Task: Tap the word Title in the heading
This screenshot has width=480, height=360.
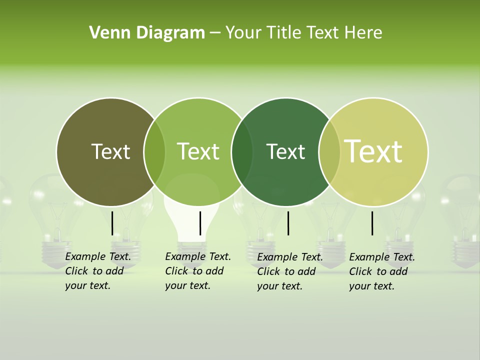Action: tap(286, 33)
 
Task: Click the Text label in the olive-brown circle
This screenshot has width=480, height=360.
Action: tap(110, 151)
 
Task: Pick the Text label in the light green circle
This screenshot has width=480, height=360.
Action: tap(198, 151)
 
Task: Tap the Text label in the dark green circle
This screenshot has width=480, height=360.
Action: tap(285, 151)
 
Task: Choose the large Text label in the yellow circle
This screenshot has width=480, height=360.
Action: tap(373, 151)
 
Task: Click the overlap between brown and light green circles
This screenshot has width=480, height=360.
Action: tap(154, 152)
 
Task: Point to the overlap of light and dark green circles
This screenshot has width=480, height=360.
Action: tap(242, 152)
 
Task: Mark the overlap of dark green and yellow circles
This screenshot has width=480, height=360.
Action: tap(328, 152)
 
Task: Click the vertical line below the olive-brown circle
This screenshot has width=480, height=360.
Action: tap(112, 223)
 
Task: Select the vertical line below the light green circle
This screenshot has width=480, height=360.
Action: tap(200, 223)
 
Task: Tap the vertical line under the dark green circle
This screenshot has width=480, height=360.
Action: tap(288, 223)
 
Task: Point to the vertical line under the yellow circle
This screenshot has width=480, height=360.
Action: tap(372, 223)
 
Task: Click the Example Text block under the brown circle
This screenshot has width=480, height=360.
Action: tap(97, 271)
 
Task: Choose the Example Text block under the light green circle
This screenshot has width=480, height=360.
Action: tap(197, 271)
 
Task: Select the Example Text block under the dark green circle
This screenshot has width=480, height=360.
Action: tap(289, 271)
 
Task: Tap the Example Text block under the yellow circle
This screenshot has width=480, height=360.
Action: tap(381, 271)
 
